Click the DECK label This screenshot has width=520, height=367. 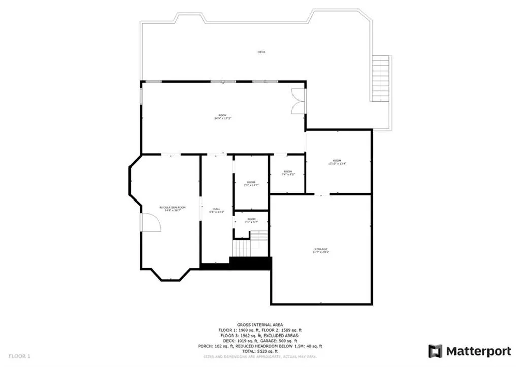(x=261, y=52)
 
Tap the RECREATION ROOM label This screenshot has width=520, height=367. (x=173, y=209)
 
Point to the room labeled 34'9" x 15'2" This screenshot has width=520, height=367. (x=223, y=117)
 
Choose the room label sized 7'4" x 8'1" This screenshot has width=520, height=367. (x=288, y=173)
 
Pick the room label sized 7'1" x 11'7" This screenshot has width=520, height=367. (x=251, y=184)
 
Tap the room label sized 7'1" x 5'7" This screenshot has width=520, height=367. (x=251, y=220)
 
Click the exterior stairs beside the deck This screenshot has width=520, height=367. (x=381, y=78)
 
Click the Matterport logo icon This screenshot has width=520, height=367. (x=435, y=351)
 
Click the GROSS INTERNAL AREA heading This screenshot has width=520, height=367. (x=260, y=325)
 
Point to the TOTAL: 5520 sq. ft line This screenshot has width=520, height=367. (x=260, y=351)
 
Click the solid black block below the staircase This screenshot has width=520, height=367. (x=250, y=263)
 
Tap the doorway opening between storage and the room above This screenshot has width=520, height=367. (x=321, y=194)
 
